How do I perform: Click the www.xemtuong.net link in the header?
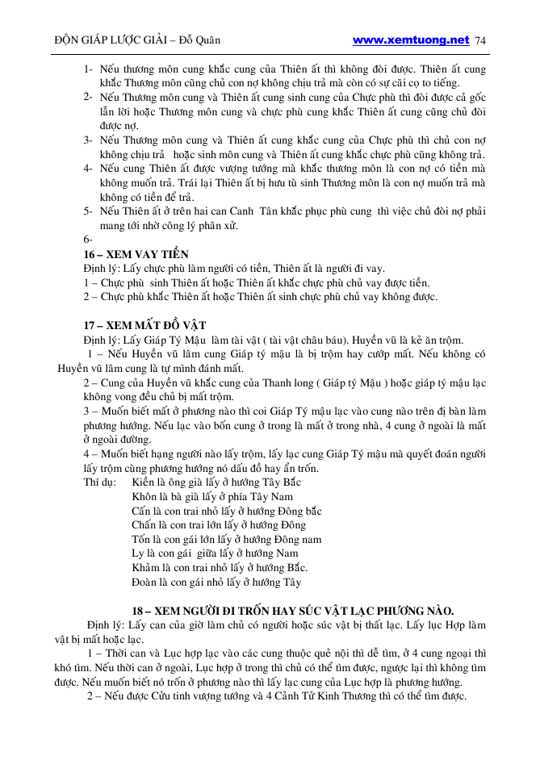pyautogui.click(x=411, y=40)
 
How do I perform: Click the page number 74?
pyautogui.click(x=482, y=40)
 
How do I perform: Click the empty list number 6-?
pyautogui.click(x=88, y=240)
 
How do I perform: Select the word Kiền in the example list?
pyautogui.click(x=143, y=482)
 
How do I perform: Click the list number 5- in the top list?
pyautogui.click(x=88, y=211)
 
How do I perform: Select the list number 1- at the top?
pyautogui.click(x=88, y=69)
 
